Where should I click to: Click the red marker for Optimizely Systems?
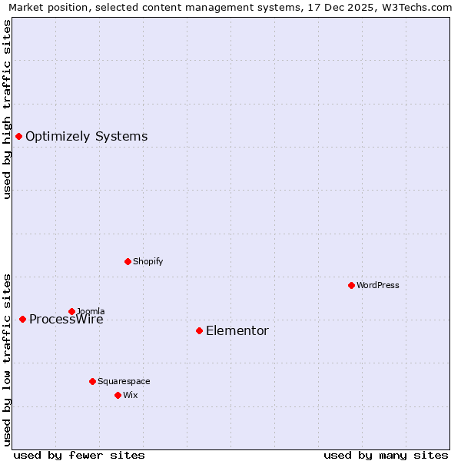[x=18, y=136]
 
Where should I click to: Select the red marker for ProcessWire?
[x=22, y=319]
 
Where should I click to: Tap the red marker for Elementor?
[x=199, y=330]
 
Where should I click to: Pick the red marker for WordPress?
[x=351, y=285]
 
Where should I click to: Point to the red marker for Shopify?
[x=128, y=261]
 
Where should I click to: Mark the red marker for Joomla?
[x=71, y=311]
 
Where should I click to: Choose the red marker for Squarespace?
[x=92, y=381]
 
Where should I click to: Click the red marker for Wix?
[x=118, y=395]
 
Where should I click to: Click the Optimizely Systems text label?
[x=86, y=137]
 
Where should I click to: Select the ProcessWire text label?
[x=66, y=320]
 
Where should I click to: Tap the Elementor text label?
[x=237, y=331]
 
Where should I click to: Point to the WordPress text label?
[x=378, y=286]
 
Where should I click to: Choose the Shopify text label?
[x=148, y=262]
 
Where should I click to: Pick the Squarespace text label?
[x=124, y=382]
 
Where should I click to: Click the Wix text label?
[x=130, y=396]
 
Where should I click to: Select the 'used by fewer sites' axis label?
[x=79, y=455]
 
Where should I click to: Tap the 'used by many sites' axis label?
[x=386, y=455]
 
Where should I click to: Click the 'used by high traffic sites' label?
[x=8, y=109]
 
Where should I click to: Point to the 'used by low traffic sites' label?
[x=8, y=359]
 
